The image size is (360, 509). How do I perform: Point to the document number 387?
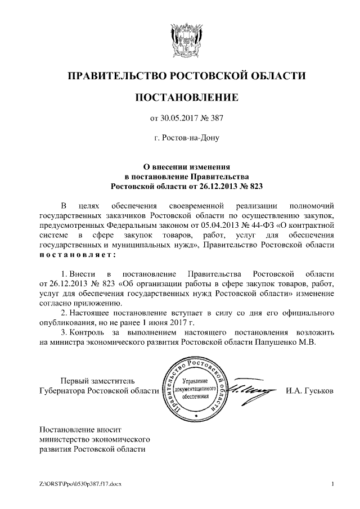pos(217,119)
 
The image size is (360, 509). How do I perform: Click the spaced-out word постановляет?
pos(76,255)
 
